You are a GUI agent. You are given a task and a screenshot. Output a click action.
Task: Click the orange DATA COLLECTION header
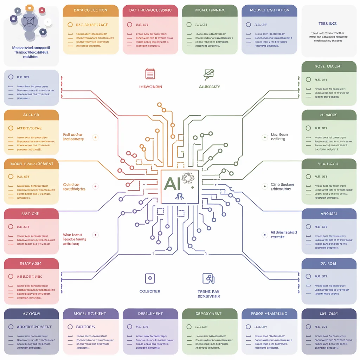click(91, 11)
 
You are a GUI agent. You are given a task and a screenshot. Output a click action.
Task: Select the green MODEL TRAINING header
click(210, 11)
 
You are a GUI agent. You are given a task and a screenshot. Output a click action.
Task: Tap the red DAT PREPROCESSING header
click(150, 11)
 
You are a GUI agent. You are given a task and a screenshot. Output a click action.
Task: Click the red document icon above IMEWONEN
click(150, 74)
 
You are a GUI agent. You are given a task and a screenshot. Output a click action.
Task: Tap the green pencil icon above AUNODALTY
click(209, 74)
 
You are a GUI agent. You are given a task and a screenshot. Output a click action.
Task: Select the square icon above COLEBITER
click(150, 278)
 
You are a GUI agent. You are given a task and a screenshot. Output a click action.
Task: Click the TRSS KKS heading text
click(327, 24)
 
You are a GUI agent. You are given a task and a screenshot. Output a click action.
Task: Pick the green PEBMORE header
click(329, 115)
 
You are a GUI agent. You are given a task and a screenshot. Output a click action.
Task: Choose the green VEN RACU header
click(329, 164)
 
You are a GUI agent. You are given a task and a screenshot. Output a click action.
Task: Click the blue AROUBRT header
click(329, 213)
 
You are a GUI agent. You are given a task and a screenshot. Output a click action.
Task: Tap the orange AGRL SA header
click(31, 115)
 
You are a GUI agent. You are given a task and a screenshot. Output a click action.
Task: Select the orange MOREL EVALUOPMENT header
click(31, 164)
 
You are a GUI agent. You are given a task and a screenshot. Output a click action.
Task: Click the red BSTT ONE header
click(31, 213)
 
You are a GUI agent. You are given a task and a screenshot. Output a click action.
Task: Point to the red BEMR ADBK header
click(31, 263)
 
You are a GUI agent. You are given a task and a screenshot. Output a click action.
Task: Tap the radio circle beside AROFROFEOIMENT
click(11, 327)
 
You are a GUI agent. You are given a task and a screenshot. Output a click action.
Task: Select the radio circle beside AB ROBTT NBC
click(11, 276)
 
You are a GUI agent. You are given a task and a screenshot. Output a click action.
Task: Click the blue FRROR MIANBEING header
click(269, 314)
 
